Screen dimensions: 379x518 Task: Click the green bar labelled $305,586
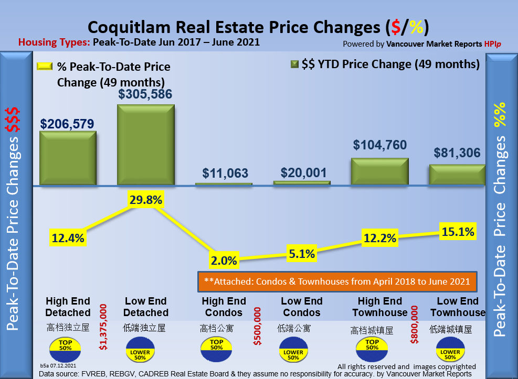pyautogui.click(x=145, y=144)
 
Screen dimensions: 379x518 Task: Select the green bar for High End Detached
pyautogui.click(x=68, y=158)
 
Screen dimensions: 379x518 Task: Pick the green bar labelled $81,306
pyautogui.click(x=457, y=175)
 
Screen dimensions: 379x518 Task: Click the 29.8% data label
pyautogui.click(x=146, y=200)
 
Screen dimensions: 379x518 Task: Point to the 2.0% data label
pyautogui.click(x=224, y=261)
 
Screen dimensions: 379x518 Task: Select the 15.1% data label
pyautogui.click(x=458, y=231)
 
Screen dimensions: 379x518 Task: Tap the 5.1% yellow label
pyautogui.click(x=301, y=254)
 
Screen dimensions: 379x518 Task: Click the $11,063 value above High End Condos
pyautogui.click(x=224, y=174)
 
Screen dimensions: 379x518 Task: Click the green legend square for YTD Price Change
pyautogui.click(x=294, y=64)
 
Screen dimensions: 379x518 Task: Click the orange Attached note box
pyautogui.click(x=337, y=282)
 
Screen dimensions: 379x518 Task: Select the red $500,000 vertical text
pyautogui.click(x=257, y=327)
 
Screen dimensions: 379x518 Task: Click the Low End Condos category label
pyautogui.click(x=301, y=307)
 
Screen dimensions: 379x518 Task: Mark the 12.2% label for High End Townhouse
pyautogui.click(x=379, y=239)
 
